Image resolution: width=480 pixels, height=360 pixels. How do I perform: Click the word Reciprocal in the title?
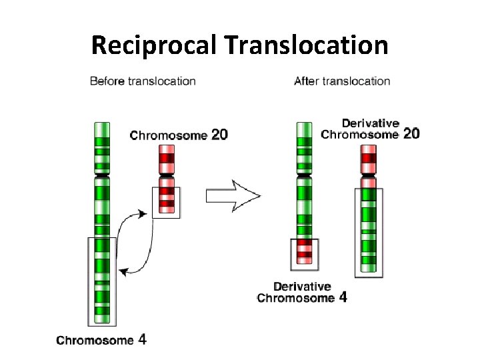pyautogui.click(x=155, y=45)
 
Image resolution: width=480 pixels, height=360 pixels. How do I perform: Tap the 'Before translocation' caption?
pyautogui.click(x=143, y=81)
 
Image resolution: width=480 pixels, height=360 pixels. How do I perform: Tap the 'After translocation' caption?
pyautogui.click(x=342, y=81)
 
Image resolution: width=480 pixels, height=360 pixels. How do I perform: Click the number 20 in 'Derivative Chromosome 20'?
pyautogui.click(x=411, y=133)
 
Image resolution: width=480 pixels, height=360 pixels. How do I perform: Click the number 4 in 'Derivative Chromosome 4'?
pyautogui.click(x=343, y=297)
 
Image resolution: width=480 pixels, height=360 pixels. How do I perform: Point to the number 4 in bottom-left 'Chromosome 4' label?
pyautogui.click(x=142, y=339)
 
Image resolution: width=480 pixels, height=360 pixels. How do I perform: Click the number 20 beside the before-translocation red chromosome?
pyautogui.click(x=219, y=135)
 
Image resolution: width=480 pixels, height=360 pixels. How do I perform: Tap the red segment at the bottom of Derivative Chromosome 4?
pyautogui.click(x=305, y=249)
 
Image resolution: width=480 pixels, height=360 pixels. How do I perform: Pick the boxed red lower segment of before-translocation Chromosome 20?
pyautogui.click(x=167, y=201)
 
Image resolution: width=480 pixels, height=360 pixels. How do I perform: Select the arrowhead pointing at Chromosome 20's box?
pyautogui.click(x=143, y=213)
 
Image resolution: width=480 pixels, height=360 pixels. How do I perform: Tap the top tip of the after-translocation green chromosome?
pyautogui.click(x=304, y=125)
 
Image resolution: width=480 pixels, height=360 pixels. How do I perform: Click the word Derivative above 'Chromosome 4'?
pyautogui.click(x=302, y=287)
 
